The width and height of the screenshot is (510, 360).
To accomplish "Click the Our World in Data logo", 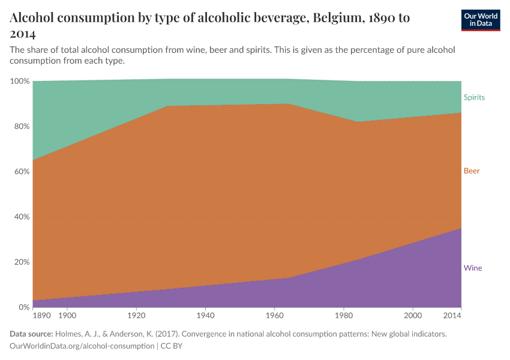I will coord(480,20).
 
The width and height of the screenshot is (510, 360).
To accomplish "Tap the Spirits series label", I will coord(474,97).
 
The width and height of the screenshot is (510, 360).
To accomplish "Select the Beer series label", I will coord(472,171).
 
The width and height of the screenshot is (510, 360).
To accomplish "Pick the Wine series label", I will coord(473,268).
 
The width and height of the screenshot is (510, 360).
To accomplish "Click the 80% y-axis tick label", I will coord(21,127).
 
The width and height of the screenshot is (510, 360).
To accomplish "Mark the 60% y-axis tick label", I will coord(21,172).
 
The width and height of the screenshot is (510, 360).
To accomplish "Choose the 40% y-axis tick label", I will coord(21,217).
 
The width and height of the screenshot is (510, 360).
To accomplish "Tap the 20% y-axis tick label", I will coord(21,262).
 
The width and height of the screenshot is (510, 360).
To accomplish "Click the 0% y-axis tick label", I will coord(23,307).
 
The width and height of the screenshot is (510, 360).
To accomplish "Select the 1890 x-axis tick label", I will coord(41,315).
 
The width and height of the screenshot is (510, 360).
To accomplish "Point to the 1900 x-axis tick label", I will coord(67,315).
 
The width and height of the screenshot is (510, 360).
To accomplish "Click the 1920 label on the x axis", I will coord(136,315).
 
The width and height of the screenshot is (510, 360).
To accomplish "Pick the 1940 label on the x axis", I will coord(205,315).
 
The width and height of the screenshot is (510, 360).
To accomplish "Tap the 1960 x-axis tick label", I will coord(274,315).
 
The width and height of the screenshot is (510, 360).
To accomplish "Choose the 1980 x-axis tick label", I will coord(343,315).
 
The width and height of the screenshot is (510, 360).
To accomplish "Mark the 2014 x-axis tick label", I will coord(452,315).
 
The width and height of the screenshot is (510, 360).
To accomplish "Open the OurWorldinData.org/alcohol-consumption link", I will coord(82,346).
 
